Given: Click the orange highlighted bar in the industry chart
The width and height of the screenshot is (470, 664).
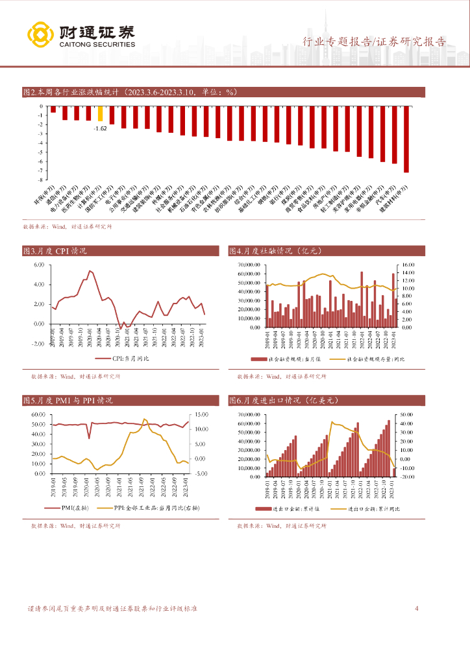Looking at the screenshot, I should point(100,113).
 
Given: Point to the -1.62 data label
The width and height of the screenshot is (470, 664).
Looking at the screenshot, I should point(100,128).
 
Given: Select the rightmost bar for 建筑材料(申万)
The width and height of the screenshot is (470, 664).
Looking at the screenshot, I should point(406,139).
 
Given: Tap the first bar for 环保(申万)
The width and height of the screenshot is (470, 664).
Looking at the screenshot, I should point(53,109).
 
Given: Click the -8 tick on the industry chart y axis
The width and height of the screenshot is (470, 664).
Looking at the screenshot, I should point(41,180).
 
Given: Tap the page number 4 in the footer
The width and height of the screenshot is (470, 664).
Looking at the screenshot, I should point(416,609).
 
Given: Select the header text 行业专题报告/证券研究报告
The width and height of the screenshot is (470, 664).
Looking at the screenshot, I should point(375,42).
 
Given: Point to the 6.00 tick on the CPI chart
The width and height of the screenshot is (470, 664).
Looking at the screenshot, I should point(38,265).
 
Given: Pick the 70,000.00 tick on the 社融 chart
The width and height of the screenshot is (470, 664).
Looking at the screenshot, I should point(249,265).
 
